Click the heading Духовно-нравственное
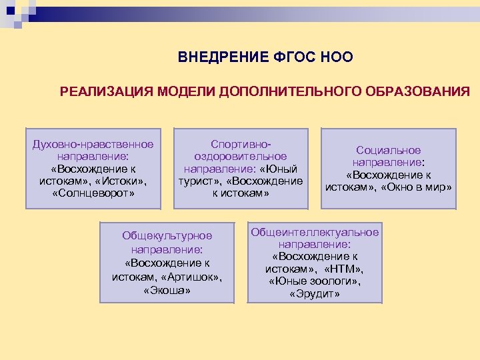[x=93, y=144]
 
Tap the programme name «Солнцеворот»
[x=93, y=193]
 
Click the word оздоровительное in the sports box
[x=241, y=156]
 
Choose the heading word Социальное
[x=389, y=150]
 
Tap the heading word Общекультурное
[x=167, y=235]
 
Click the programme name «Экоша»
[x=167, y=290]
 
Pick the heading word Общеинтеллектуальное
[x=315, y=232]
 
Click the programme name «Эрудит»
[x=315, y=293]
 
